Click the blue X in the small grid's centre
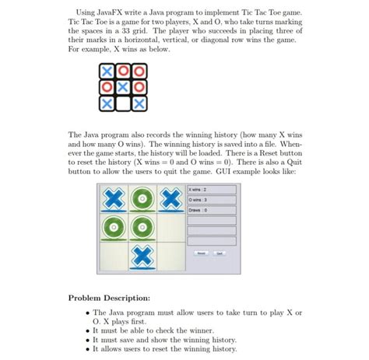click(x=123, y=87)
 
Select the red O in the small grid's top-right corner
click(x=139, y=72)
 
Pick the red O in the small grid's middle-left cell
click(x=107, y=87)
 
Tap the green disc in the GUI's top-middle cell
click(x=143, y=200)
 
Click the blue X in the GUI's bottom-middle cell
click(x=143, y=254)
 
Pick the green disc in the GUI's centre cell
click(x=143, y=228)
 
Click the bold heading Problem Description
click(x=111, y=299)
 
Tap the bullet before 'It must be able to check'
click(x=86, y=330)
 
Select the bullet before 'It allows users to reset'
click(x=86, y=349)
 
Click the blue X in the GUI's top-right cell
click(x=171, y=200)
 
